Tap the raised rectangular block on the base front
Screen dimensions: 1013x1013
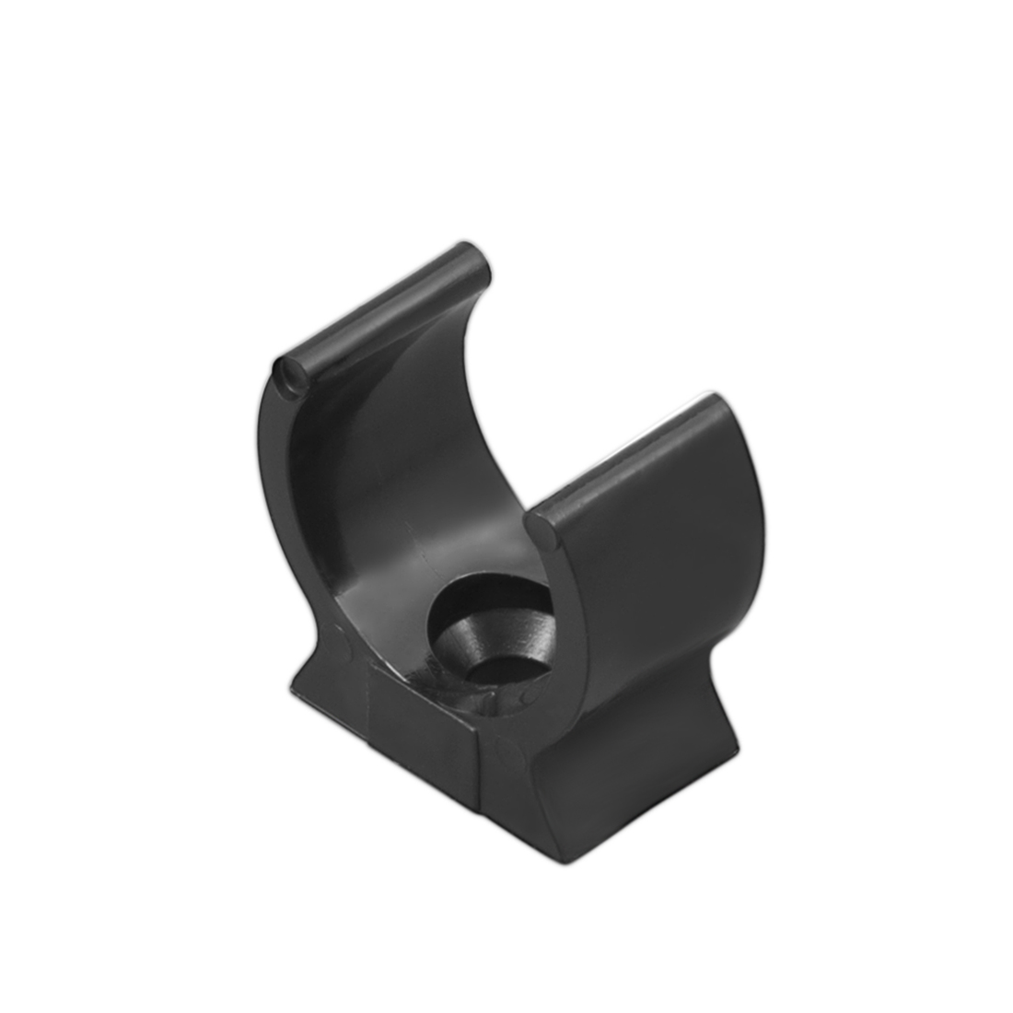coord(424,718)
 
